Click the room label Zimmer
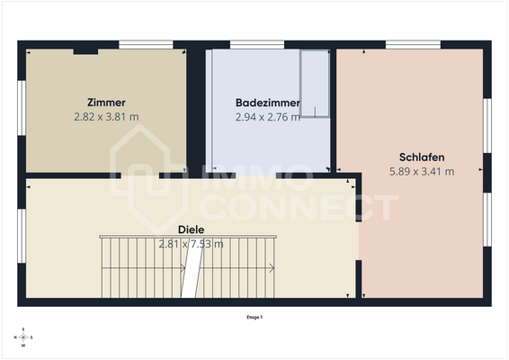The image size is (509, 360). [106, 103]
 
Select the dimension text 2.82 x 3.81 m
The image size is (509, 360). [106, 116]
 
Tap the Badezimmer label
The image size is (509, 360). [267, 103]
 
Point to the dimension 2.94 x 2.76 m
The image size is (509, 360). [267, 116]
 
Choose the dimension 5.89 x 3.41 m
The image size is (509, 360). [422, 170]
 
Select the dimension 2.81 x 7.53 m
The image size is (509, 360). [191, 243]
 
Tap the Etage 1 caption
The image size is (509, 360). [254, 317]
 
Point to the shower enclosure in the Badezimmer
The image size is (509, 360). [316, 84]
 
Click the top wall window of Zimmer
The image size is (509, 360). [146, 43]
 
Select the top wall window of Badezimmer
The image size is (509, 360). [257, 43]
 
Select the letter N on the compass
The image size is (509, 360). [15, 337]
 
